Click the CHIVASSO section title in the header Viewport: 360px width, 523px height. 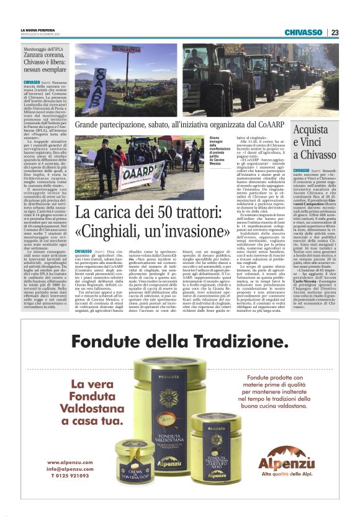307,33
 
